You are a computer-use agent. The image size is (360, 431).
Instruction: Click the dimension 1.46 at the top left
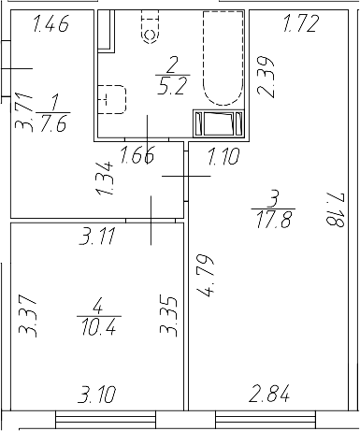pyautogui.click(x=51, y=26)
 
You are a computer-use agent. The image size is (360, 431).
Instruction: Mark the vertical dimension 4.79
pyautogui.click(x=206, y=275)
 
